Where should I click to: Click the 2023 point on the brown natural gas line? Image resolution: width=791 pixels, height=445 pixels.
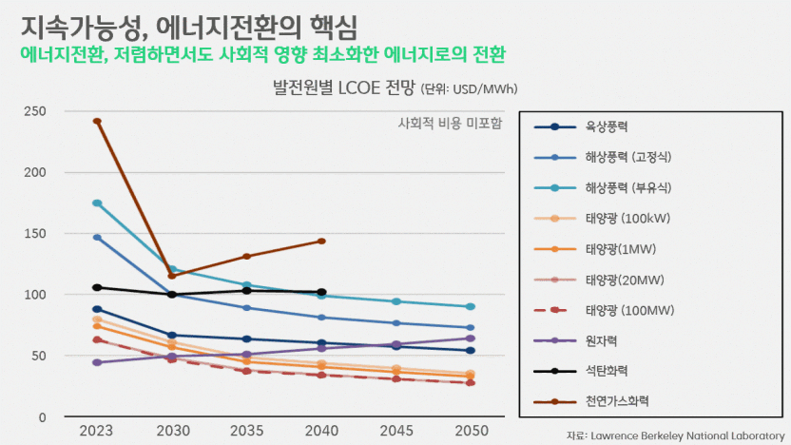(x=97, y=121)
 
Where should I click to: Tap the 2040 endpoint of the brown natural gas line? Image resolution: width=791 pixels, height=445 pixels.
(x=322, y=242)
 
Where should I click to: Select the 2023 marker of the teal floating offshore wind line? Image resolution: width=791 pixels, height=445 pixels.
(x=97, y=203)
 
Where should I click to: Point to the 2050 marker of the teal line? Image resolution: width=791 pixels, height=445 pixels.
(x=471, y=307)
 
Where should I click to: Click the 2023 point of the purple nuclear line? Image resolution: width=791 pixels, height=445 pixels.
(x=97, y=363)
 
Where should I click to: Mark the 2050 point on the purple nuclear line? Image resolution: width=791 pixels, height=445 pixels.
(x=471, y=339)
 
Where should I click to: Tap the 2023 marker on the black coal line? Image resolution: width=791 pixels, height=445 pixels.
(x=97, y=287)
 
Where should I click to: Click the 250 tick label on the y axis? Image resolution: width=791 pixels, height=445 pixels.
(x=35, y=111)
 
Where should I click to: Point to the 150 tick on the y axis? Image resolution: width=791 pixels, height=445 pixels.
(x=35, y=234)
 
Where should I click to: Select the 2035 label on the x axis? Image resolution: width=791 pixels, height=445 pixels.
(x=246, y=431)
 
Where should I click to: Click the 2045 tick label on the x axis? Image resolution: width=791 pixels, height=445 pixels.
(x=396, y=431)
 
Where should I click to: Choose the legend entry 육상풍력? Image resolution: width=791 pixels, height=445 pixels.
(x=607, y=126)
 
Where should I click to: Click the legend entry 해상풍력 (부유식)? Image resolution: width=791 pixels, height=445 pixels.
(x=628, y=188)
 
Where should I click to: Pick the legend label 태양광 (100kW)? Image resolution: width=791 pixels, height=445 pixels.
(x=628, y=219)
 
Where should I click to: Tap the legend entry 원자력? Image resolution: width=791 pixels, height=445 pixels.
(x=601, y=341)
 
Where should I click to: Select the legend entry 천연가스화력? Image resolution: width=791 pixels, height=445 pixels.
(x=617, y=401)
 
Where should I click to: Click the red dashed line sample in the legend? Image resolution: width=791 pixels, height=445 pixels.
(x=554, y=310)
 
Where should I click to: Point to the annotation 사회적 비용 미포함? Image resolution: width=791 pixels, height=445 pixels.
(x=450, y=124)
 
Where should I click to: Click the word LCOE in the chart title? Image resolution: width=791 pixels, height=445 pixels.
(x=358, y=87)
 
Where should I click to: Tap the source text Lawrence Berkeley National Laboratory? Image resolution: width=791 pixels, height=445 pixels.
(x=687, y=435)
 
